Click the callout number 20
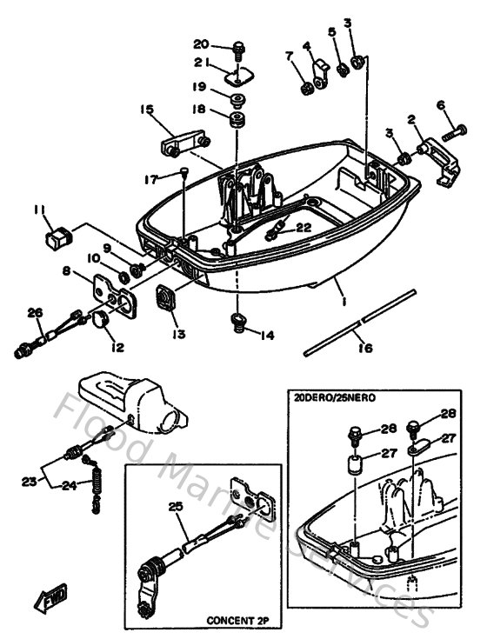tap(201, 44)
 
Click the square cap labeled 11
tap(58, 234)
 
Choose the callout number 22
tap(303, 228)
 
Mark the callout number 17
tap(151, 179)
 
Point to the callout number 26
tap(35, 313)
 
